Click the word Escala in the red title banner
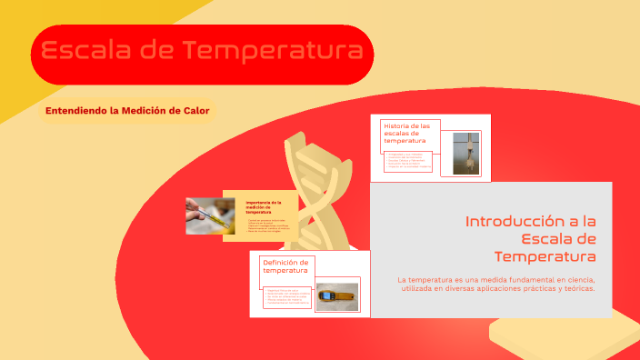(x=86, y=52)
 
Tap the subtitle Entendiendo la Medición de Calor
(x=126, y=111)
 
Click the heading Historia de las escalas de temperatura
(x=406, y=134)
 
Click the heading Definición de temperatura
(x=285, y=266)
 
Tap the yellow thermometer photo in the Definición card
(x=336, y=296)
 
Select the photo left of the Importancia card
(x=210, y=215)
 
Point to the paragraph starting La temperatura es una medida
(x=495, y=283)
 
